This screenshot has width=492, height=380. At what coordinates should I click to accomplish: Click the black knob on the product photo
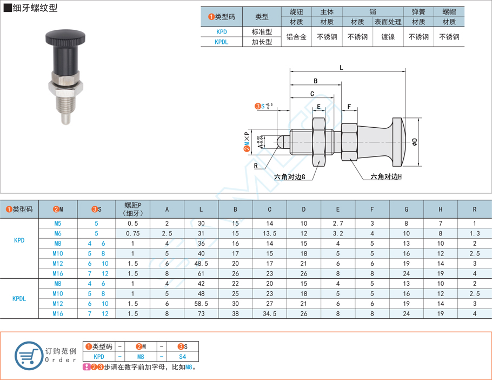click(65, 37)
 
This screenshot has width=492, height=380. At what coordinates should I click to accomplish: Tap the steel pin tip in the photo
click(65, 119)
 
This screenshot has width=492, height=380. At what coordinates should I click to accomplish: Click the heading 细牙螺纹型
click(35, 8)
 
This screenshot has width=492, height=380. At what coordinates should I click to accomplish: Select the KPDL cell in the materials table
click(222, 42)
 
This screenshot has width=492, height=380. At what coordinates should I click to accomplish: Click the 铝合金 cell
click(296, 37)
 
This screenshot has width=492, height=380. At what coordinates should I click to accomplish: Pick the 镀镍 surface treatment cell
click(388, 37)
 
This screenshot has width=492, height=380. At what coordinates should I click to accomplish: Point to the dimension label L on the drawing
click(341, 67)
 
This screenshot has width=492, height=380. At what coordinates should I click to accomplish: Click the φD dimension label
click(415, 142)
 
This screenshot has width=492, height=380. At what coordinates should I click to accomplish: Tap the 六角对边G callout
click(290, 177)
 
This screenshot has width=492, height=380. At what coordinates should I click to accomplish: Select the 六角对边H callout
click(386, 176)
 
